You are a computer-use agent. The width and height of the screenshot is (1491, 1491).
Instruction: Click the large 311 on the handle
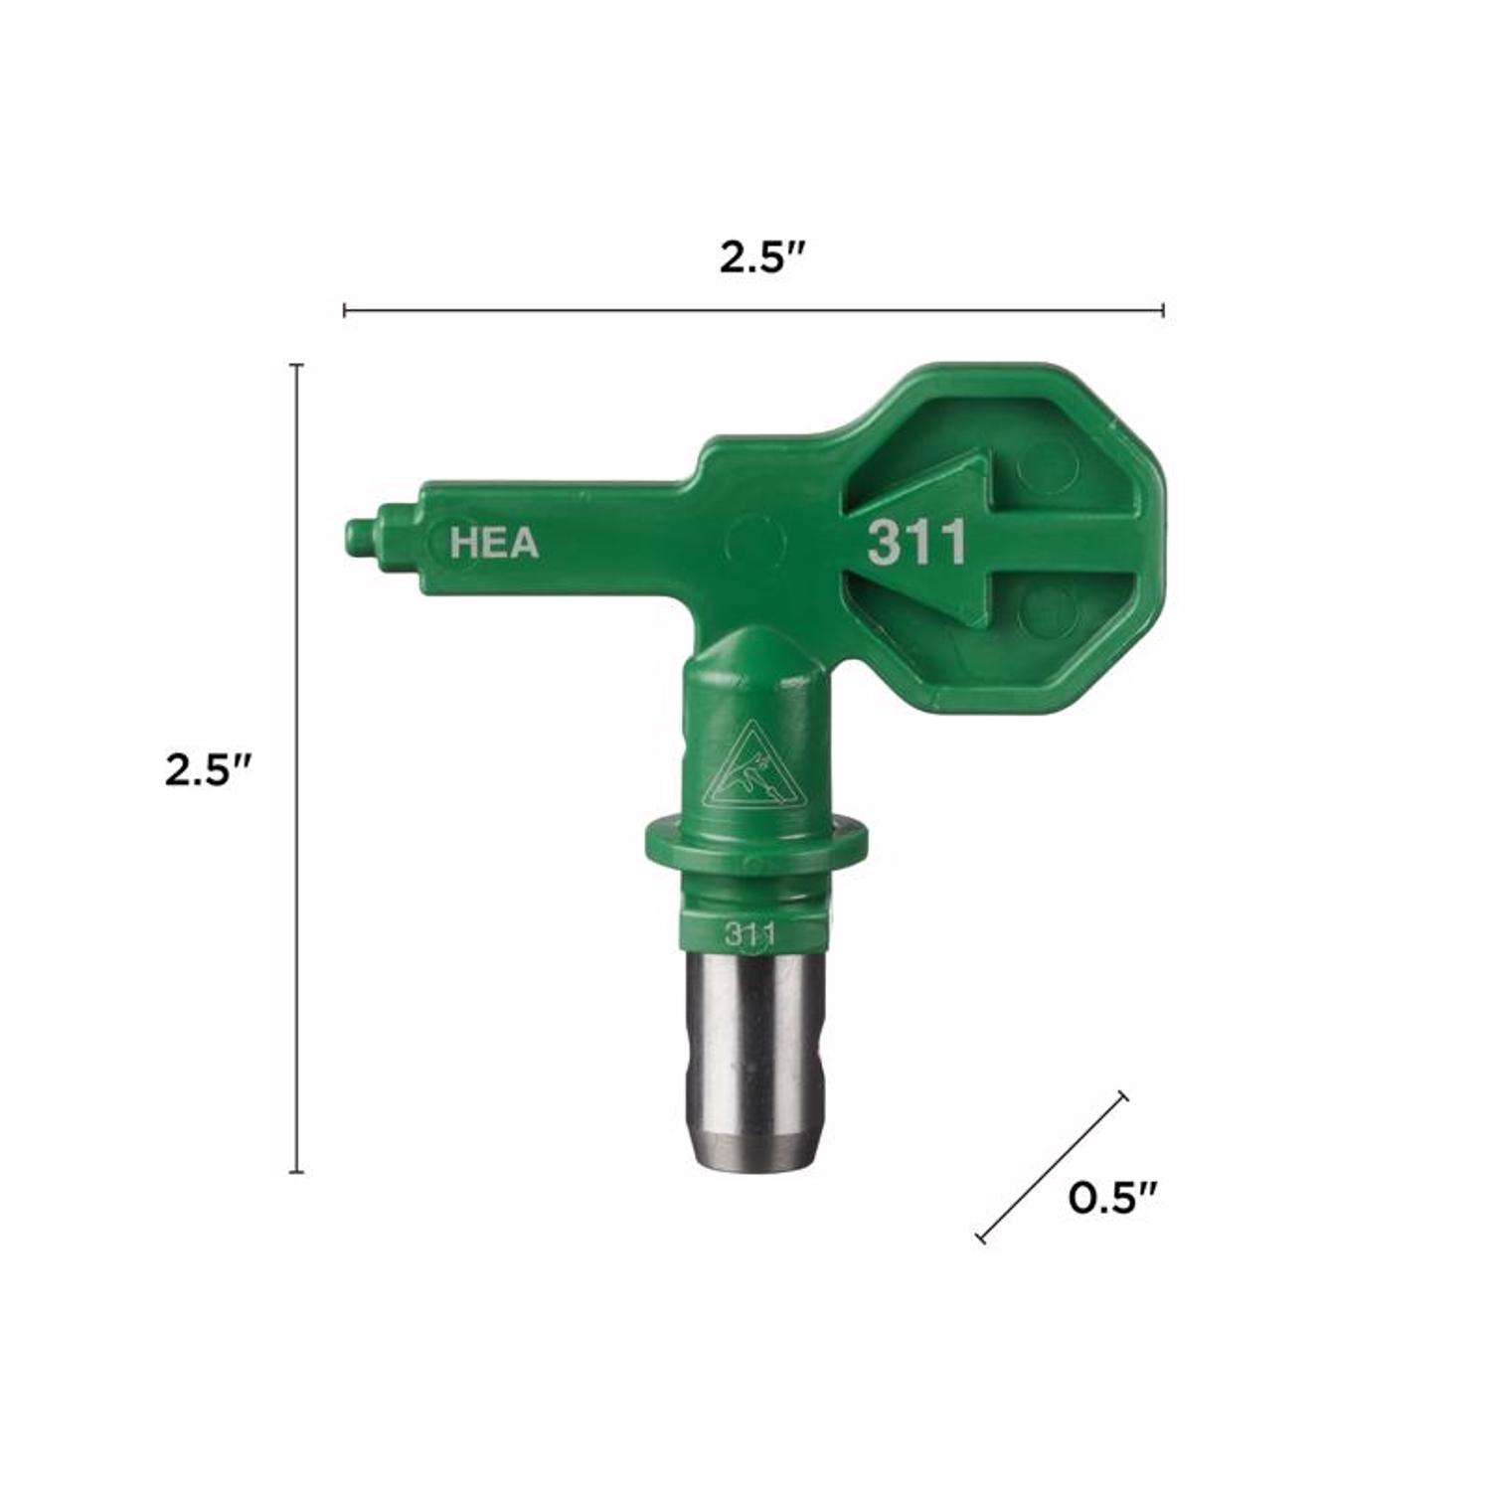coord(916,543)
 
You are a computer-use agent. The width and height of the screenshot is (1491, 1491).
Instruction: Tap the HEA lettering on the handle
coord(494,543)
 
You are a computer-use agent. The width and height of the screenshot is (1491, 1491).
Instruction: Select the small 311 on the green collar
coord(749,933)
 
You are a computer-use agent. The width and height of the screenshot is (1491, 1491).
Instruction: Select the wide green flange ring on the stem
coord(753,843)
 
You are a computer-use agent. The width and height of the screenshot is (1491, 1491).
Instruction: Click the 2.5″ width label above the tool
coord(761,258)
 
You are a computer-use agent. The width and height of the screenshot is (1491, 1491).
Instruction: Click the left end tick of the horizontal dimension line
coord(344,310)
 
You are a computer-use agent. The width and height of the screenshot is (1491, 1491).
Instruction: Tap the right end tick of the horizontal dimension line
coord(1163,310)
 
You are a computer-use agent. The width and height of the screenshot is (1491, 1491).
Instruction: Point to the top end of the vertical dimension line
coord(295,366)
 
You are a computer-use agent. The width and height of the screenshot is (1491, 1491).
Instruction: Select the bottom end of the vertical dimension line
coord(295,1173)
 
